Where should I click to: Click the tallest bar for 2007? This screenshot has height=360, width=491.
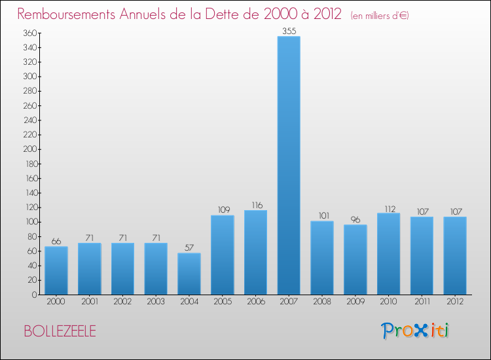[289, 165]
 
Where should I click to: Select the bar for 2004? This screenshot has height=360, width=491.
[189, 274]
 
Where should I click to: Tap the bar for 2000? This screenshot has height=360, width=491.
[56, 270]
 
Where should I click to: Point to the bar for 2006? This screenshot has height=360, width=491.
[255, 252]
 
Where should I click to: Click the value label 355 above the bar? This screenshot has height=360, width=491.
[289, 31]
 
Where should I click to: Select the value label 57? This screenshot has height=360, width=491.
[189, 247]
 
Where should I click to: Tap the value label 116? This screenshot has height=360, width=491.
[255, 205]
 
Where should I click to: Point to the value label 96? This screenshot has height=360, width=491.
[355, 219]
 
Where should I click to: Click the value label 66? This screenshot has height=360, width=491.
[56, 241]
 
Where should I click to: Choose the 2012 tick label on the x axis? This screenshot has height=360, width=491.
[454, 302]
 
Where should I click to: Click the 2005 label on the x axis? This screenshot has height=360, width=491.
[222, 302]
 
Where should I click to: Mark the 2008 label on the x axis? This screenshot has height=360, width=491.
[322, 302]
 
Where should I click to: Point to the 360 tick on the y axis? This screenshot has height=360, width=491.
[28, 33]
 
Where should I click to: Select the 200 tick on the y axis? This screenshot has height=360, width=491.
[28, 149]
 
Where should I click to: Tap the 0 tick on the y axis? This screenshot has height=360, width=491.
[33, 295]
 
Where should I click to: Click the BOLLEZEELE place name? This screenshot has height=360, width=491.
[60, 331]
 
